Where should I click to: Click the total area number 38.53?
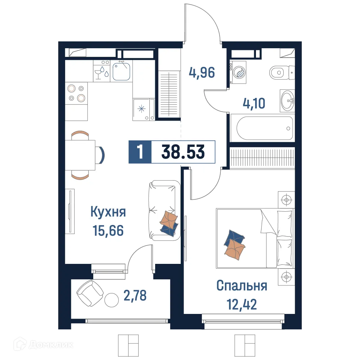click(x=183, y=152)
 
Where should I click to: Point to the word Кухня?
click(x=108, y=212)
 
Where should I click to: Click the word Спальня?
click(x=242, y=286)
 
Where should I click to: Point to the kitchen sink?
click(x=122, y=71)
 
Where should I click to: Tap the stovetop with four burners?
click(x=77, y=93)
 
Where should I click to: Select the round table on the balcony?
click(x=112, y=300)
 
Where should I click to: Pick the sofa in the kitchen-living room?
click(x=164, y=210)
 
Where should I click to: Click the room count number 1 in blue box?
click(x=140, y=152)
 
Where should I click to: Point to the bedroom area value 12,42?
click(x=242, y=305)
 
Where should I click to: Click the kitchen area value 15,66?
click(x=108, y=230)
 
